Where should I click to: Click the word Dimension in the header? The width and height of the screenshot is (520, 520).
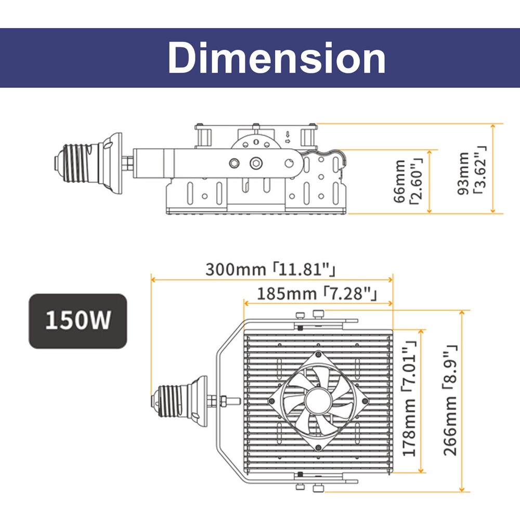[x=277, y=58]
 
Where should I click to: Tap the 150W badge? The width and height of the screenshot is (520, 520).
[x=78, y=321]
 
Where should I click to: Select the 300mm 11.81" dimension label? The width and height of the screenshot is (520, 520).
[x=270, y=269]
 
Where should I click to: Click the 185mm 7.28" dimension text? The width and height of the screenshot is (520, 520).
[x=317, y=294]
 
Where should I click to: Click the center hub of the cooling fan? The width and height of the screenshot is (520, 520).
[x=318, y=401]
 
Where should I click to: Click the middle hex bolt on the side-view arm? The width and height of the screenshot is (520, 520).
[x=256, y=163]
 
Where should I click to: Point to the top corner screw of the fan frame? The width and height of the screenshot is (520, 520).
[x=318, y=354]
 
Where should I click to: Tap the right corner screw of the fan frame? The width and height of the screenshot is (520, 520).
[x=365, y=401]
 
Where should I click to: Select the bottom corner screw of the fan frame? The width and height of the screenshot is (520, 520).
[x=318, y=448]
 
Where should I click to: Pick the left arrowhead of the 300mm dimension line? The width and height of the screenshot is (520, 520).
[x=153, y=280]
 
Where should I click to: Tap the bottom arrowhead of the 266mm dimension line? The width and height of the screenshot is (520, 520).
[x=462, y=489]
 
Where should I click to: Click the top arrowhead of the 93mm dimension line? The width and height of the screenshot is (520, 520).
[x=493, y=126]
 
